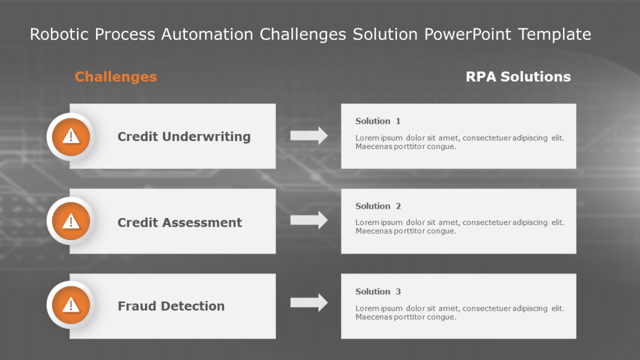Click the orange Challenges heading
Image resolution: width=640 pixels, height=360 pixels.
[x=116, y=77]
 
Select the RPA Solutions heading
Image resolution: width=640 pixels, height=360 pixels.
[x=518, y=77]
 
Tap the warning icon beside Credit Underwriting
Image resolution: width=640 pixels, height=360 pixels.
[x=71, y=137]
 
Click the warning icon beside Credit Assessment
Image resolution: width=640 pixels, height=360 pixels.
[x=71, y=221]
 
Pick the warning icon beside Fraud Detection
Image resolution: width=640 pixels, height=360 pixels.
[x=71, y=305]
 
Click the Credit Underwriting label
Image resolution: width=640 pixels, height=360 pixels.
[x=184, y=137]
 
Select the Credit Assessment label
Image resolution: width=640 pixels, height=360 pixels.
[x=180, y=222]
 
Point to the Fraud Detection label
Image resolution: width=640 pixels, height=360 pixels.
[x=171, y=306]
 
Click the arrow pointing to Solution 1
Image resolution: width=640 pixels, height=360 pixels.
[x=309, y=136]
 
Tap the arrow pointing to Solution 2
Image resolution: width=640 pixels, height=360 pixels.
[x=309, y=220]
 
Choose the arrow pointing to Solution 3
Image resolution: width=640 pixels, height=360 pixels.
[x=309, y=303]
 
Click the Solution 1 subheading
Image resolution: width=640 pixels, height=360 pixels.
[x=378, y=121]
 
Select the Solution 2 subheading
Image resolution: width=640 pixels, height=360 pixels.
[x=378, y=206]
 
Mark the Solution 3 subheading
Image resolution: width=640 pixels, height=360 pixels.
[x=378, y=292]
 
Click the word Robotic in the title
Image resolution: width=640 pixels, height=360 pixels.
[x=60, y=35]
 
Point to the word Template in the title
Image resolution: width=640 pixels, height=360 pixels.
[x=554, y=35]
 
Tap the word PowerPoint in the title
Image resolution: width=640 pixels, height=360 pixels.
[x=468, y=35]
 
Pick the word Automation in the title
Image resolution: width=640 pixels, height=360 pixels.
[x=207, y=35]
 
